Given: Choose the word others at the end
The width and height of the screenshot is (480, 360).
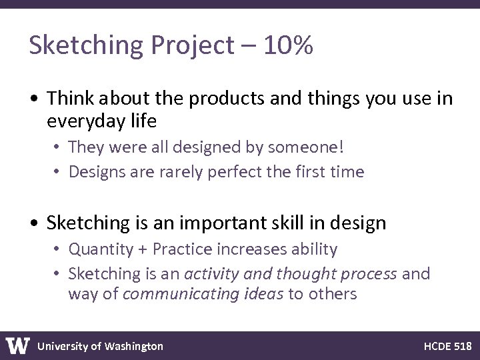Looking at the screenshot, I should (x=331, y=294).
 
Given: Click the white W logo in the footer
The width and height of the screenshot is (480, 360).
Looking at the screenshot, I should (x=18, y=345).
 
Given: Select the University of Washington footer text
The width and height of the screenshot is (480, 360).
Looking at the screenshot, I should (x=100, y=346).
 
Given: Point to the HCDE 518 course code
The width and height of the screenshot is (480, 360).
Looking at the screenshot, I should (x=447, y=346).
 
